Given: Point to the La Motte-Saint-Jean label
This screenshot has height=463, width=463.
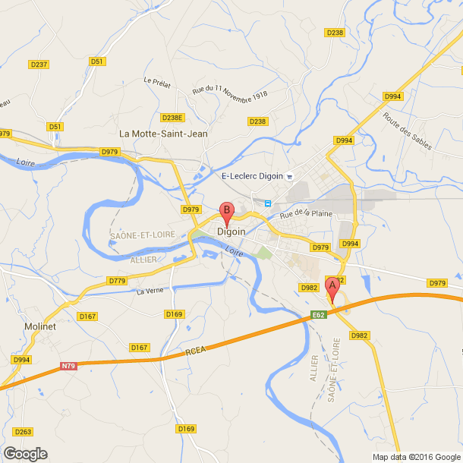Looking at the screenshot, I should click(163, 134).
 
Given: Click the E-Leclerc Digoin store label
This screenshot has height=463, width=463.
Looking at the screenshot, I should click(252, 176).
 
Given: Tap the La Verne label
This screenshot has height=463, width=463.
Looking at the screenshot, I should click(150, 291).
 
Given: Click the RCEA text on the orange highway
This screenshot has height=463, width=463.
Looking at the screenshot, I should click(196, 353).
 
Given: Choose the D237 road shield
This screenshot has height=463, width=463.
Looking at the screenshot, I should click(39, 65).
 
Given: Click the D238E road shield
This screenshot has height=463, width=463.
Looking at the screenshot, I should click(173, 118).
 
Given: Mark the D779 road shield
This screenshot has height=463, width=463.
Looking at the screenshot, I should click(117, 281).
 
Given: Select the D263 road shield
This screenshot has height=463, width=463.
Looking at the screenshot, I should click(24, 432).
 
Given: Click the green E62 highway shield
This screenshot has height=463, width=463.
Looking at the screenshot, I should click(319, 314).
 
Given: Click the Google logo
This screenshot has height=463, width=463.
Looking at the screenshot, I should click(24, 453).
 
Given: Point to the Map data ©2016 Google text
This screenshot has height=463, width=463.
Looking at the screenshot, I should click(416, 457).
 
